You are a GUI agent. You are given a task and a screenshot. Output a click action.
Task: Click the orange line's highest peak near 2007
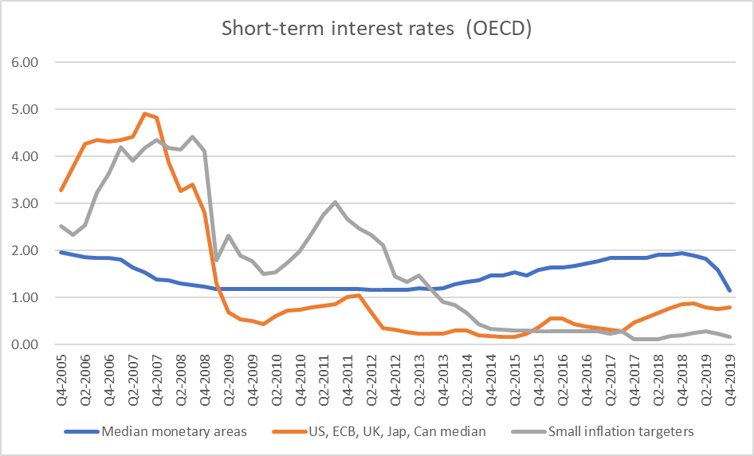(x=145, y=113)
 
